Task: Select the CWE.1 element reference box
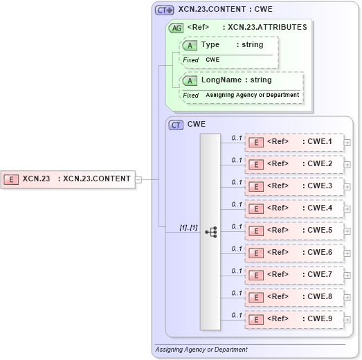293,143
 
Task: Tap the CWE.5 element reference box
293,231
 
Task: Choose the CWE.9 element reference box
293,319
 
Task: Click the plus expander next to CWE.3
347,187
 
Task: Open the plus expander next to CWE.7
347,276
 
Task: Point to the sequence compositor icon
210,232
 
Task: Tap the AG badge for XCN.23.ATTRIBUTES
177,28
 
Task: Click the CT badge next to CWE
177,125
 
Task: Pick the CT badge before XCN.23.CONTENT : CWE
164,10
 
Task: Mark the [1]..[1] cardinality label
188,226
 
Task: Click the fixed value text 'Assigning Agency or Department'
252,95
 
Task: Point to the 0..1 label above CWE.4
237,204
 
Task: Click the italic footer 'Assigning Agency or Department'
201,350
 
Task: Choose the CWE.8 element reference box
293,297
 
